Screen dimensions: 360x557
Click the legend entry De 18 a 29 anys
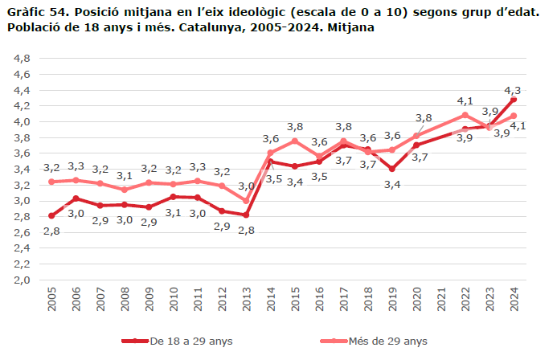(x=182, y=341)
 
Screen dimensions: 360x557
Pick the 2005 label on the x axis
(x=51, y=303)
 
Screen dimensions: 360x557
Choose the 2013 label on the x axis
(x=246, y=303)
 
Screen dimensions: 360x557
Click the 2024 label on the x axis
(x=514, y=303)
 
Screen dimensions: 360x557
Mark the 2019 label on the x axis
(x=392, y=303)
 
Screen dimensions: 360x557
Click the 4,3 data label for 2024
(x=512, y=90)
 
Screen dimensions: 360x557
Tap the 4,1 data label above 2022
(x=465, y=101)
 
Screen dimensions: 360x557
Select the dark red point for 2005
(x=51, y=215)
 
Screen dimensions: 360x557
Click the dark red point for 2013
(x=246, y=215)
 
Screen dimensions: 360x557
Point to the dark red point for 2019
(x=392, y=169)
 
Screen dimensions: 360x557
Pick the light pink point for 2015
(x=295, y=141)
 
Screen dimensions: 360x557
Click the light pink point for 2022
(x=465, y=115)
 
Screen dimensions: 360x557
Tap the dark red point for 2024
(x=514, y=99)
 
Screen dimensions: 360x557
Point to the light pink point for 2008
(x=125, y=190)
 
